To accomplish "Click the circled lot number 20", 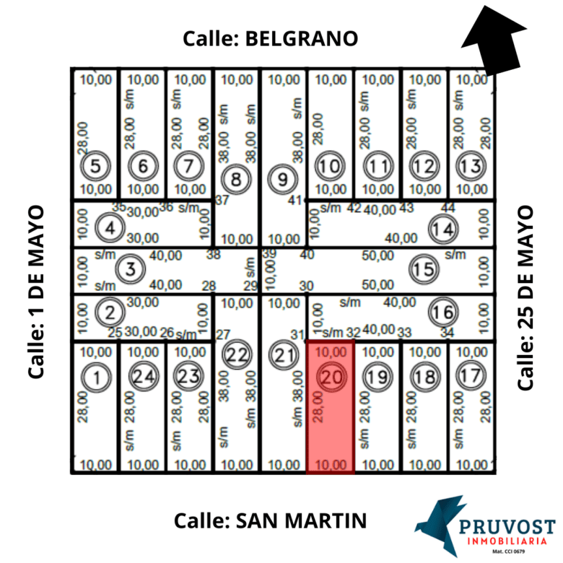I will click(331, 377).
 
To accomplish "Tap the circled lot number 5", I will click(95, 167).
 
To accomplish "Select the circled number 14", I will click(442, 230).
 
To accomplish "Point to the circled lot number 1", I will click(95, 376).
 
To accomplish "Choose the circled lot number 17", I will click(471, 376).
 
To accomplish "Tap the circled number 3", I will click(130, 270).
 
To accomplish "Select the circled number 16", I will click(442, 313).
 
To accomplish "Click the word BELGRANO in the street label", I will click(302, 38).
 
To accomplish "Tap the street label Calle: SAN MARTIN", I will click(271, 520).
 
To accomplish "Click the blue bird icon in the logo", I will click(437, 521).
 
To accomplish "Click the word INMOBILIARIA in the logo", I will click(509, 541).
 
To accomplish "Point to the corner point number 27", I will click(223, 334).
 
